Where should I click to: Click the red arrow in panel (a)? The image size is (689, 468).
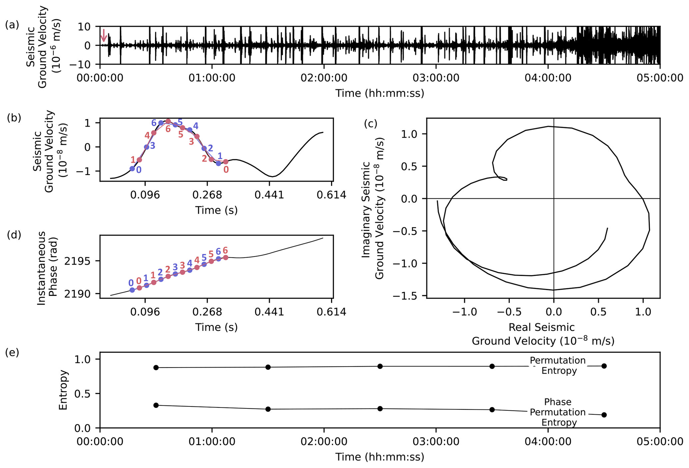click(x=103, y=35)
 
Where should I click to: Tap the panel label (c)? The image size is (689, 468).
click(x=370, y=123)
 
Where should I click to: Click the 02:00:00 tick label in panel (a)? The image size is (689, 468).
click(x=324, y=78)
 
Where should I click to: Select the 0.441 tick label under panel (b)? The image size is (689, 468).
click(x=269, y=195)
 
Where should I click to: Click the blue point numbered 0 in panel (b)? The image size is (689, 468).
click(x=132, y=169)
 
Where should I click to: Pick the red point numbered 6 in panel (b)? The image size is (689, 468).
click(x=168, y=121)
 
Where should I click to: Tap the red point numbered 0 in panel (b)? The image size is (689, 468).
click(x=226, y=162)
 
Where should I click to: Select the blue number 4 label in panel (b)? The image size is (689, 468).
click(x=196, y=126)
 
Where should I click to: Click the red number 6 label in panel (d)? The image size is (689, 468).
click(x=225, y=250)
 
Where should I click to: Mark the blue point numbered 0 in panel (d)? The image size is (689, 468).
click(x=132, y=290)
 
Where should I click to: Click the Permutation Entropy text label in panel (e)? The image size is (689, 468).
click(x=558, y=365)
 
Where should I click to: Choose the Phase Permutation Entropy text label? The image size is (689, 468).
click(x=558, y=412)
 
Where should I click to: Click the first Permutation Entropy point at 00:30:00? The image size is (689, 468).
click(x=156, y=367)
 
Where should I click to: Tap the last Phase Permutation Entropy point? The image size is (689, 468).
click(x=604, y=415)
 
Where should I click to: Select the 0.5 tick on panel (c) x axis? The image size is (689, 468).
click(x=598, y=312)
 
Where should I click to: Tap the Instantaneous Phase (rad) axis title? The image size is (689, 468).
click(x=47, y=268)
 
